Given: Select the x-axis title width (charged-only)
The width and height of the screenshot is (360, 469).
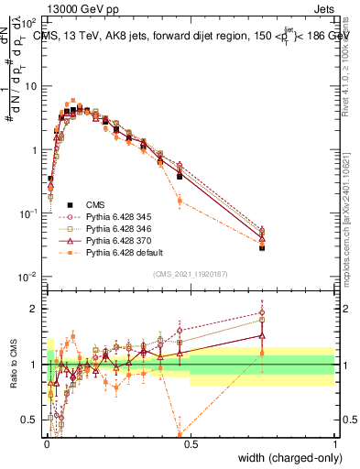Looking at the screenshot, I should (x=286, y=457).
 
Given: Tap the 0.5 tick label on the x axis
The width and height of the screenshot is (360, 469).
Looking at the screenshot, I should (x=190, y=443).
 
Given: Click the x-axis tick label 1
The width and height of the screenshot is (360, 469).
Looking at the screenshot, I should (x=334, y=443).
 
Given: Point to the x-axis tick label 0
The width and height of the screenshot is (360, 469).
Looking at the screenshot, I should (x=46, y=443).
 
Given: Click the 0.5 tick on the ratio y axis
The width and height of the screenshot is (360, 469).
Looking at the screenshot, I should (x=32, y=420).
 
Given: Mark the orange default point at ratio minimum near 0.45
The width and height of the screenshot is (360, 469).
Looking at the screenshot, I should (x=180, y=435).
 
